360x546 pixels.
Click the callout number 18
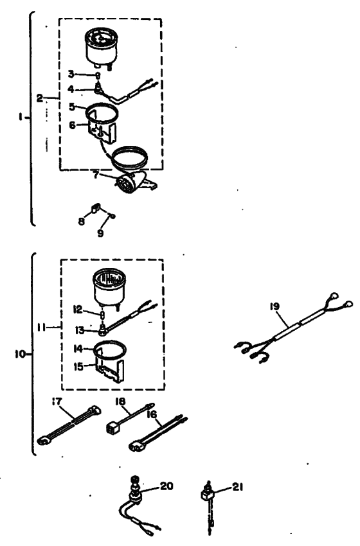[121, 401]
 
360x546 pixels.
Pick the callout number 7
[94, 173]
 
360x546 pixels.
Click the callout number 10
[19, 353]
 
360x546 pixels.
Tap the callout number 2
[40, 98]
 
